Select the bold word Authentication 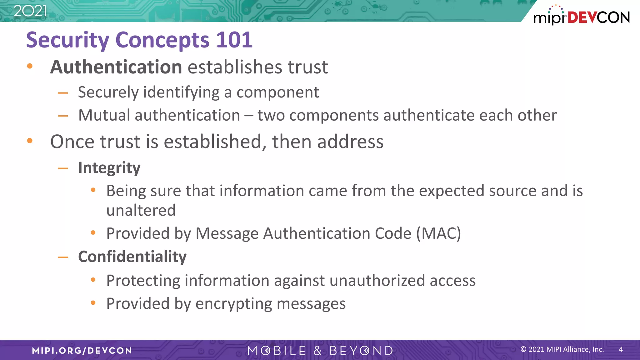click(x=116, y=67)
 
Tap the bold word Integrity click(x=109, y=168)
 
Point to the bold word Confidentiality click(x=132, y=257)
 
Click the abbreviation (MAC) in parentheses click(x=438, y=233)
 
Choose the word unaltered click(x=141, y=210)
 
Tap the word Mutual click(x=104, y=115)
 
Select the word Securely click(x=108, y=92)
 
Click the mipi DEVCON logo click(x=581, y=16)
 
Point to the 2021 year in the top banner click(x=30, y=11)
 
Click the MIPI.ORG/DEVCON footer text click(x=82, y=351)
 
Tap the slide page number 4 click(x=621, y=349)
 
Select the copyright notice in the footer click(x=562, y=349)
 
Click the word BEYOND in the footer click(x=361, y=351)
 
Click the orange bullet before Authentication click(x=30, y=66)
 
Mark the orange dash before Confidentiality click(x=63, y=257)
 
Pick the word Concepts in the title click(x=162, y=40)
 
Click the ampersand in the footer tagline click(x=317, y=351)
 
